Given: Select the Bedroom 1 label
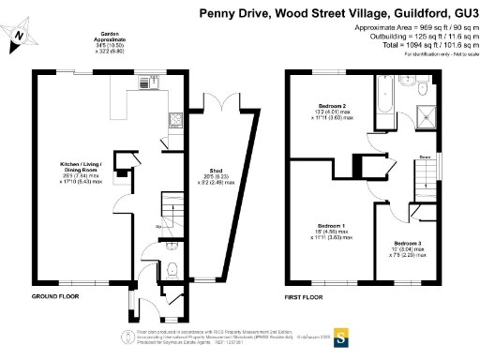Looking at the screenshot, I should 331,229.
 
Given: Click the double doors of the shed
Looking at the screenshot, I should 217,101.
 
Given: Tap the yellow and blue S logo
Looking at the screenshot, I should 343,335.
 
